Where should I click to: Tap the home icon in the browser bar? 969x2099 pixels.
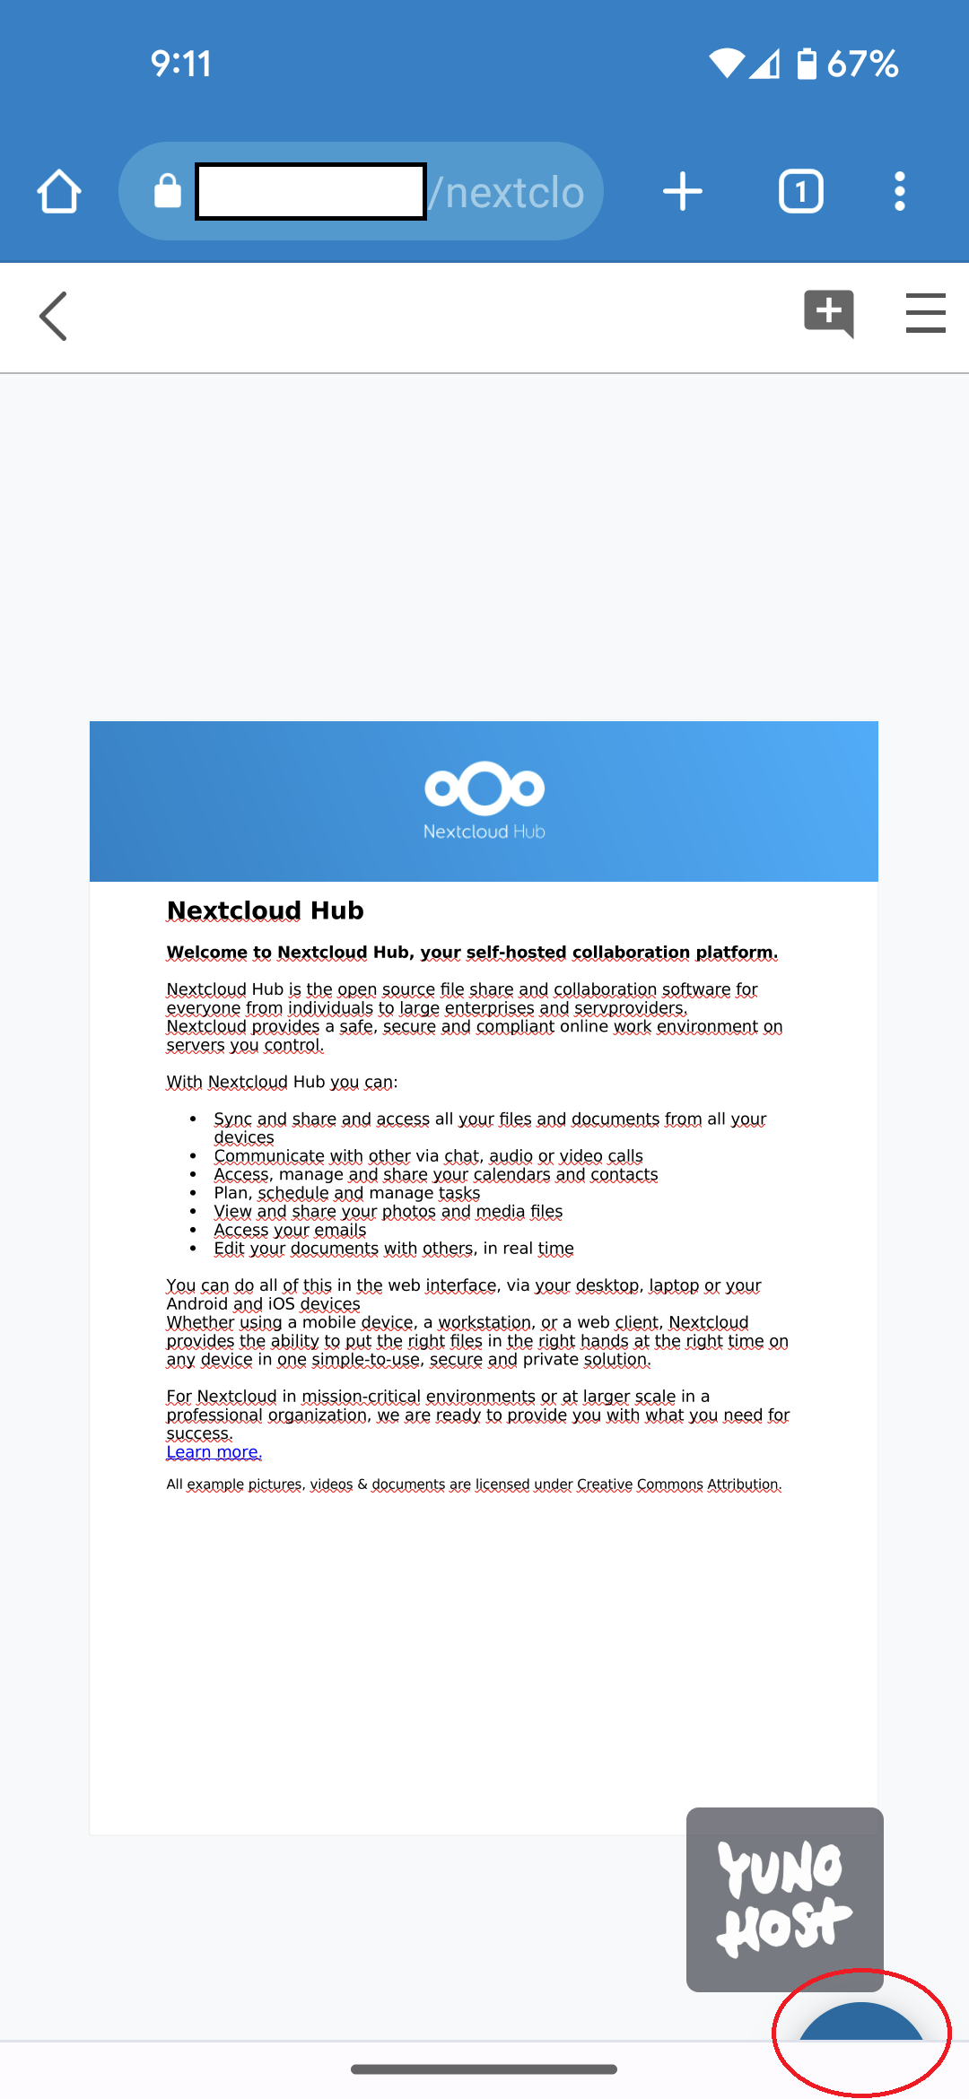(59, 191)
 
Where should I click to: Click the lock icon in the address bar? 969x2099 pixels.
(168, 191)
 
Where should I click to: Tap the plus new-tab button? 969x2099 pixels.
(683, 191)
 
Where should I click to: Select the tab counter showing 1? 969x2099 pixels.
(800, 191)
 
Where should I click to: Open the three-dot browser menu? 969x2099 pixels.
(899, 191)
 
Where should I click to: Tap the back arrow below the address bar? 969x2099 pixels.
(54, 317)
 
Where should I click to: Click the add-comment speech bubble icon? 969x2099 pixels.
(828, 313)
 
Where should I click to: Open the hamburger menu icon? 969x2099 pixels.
(925, 313)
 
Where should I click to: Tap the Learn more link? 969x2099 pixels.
(214, 1452)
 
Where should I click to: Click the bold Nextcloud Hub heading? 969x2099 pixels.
(266, 910)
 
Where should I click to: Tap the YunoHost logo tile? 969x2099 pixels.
(785, 1898)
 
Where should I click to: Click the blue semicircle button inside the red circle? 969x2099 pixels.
(861, 2024)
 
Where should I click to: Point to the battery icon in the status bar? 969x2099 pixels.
(807, 64)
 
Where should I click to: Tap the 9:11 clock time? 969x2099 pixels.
(181, 64)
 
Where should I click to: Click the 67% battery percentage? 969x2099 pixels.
(862, 64)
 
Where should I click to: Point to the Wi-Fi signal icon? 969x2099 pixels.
(726, 64)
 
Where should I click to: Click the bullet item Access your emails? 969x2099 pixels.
(290, 1230)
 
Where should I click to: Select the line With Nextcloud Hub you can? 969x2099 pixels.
(282, 1082)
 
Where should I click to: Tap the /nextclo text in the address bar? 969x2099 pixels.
(507, 192)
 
